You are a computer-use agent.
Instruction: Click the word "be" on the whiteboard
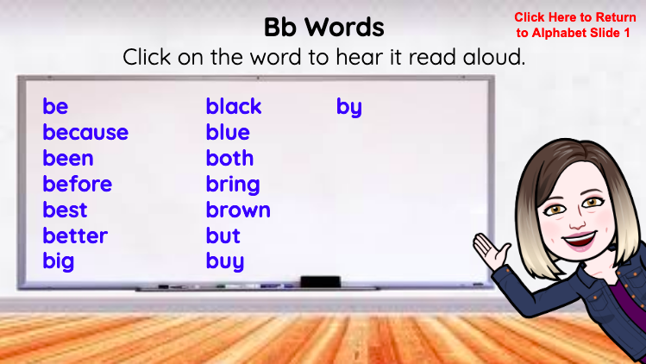[55, 107]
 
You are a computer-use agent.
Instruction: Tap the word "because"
[85, 133]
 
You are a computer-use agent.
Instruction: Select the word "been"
[68, 159]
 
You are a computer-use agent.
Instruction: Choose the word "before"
[78, 185]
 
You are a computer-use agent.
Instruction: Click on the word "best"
[66, 210]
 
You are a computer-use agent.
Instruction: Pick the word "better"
[75, 236]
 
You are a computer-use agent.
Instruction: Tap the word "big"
[59, 262]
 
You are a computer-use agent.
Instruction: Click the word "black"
[234, 107]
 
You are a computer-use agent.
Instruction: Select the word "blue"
[228, 133]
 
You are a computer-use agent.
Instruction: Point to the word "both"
[230, 159]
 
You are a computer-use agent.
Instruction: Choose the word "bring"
[233, 185]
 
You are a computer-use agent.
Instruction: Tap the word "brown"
[238, 210]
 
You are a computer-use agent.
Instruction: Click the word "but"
[223, 236]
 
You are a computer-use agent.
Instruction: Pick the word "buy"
[225, 262]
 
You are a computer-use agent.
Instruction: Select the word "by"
[349, 108]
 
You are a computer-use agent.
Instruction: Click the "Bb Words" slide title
[323, 27]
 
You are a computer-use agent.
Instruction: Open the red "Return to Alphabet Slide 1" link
[574, 25]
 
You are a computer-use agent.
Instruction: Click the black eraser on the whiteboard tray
[320, 281]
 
